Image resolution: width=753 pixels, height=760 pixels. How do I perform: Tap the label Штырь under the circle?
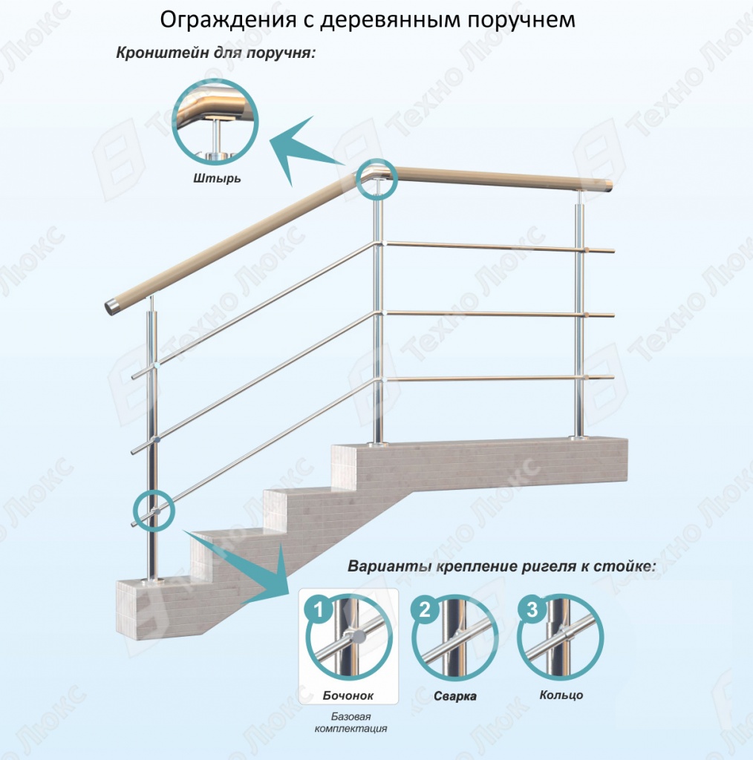tap(217, 178)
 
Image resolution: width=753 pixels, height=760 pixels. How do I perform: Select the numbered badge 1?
tap(318, 609)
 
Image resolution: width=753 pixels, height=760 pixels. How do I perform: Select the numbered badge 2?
tap(425, 609)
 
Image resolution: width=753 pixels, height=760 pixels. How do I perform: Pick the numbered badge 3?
tap(532, 609)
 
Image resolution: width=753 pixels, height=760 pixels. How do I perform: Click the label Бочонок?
tap(348, 696)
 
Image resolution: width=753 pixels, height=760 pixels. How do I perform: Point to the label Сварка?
tap(454, 696)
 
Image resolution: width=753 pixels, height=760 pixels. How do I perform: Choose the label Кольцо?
tap(561, 695)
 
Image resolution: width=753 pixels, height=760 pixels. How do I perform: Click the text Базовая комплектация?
tap(351, 722)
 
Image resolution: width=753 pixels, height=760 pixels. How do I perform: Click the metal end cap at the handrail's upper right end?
tap(608, 186)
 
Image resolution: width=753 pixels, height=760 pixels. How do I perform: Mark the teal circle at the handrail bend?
tap(357, 180)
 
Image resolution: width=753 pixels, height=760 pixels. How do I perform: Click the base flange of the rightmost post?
tap(578, 438)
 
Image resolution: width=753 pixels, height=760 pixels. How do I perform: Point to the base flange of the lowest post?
tap(152, 580)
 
